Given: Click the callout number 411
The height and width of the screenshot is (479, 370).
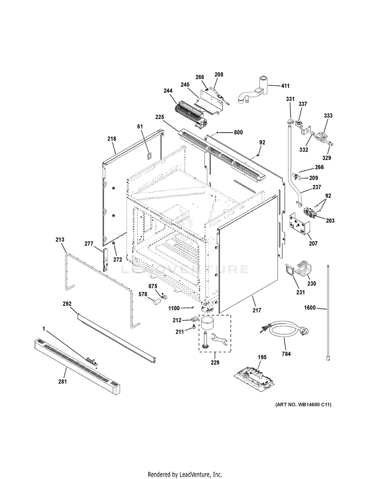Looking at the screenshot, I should [x=285, y=86].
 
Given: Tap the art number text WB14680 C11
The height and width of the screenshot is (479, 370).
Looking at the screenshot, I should [x=303, y=405].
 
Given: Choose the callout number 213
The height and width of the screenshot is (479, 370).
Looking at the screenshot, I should [x=60, y=240].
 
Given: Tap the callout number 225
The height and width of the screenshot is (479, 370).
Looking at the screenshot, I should [x=173, y=117].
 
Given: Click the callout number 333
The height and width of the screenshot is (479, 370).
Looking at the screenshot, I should [x=328, y=115].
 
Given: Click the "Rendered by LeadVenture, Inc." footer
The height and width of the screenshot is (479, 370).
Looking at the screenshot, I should [x=185, y=474].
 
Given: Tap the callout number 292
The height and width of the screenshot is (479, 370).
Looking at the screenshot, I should [x=68, y=304].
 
